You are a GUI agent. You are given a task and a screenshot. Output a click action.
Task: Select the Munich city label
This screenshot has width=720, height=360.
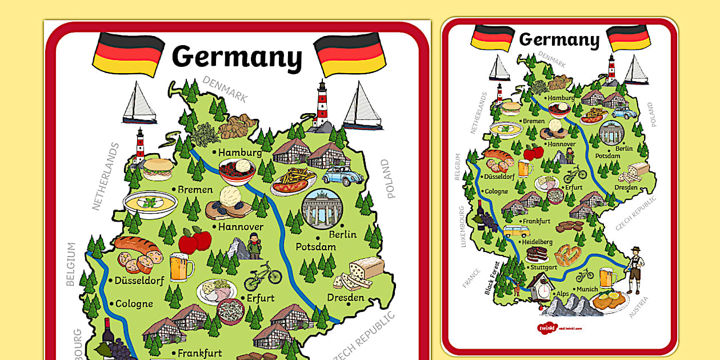point(587,289)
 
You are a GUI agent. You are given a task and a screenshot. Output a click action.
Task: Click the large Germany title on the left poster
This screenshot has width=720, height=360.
point(237,57)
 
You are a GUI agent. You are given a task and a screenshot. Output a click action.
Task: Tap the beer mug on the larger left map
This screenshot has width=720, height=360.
point(181,267)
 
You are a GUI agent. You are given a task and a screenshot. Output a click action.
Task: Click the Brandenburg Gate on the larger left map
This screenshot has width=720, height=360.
point(322,207)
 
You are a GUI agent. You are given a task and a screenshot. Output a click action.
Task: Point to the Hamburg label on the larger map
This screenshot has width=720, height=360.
point(239,153)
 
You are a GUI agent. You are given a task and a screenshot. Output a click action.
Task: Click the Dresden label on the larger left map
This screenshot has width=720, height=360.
point(345,298)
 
